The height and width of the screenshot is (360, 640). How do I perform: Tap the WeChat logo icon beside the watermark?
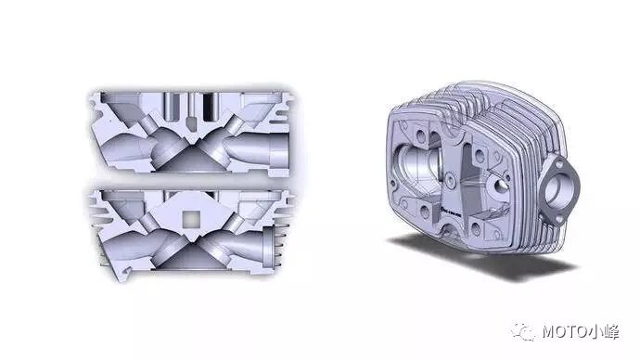click(523, 331)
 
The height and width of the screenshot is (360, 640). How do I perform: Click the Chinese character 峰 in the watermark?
click(611, 332)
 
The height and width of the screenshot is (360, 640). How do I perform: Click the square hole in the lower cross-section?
click(191, 220)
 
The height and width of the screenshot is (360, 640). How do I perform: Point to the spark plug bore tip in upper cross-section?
click(191, 124)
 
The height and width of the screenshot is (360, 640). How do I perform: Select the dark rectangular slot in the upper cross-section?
click(210, 107)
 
